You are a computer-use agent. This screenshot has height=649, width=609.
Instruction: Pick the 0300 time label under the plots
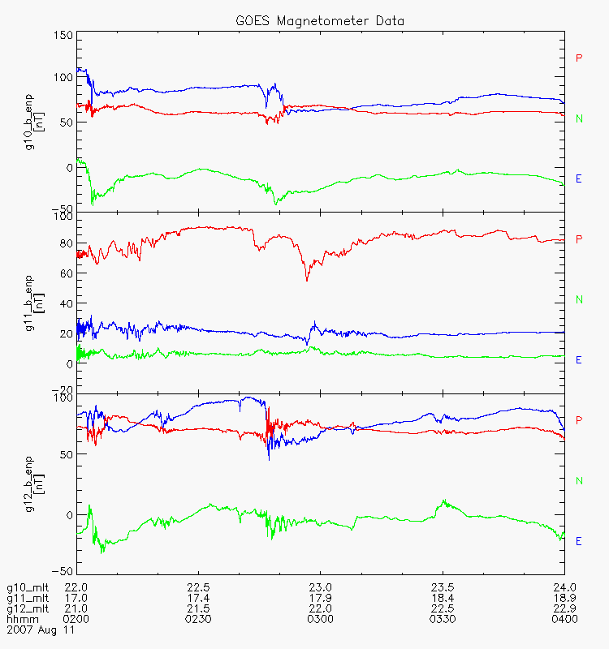click(321, 619)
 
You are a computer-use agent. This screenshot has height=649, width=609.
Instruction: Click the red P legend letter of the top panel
click(579, 58)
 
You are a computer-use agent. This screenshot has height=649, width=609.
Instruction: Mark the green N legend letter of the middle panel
click(579, 300)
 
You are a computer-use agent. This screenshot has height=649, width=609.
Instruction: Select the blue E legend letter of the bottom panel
click(579, 541)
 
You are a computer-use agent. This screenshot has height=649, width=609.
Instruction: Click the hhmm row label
click(19, 619)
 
